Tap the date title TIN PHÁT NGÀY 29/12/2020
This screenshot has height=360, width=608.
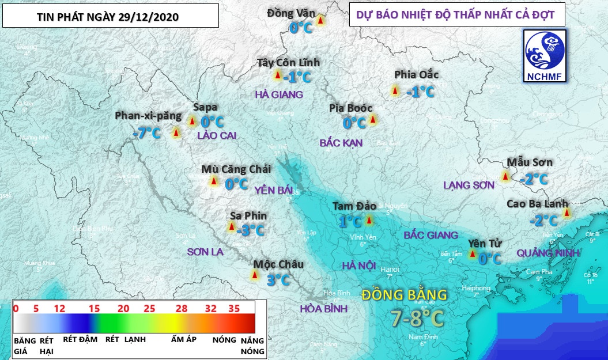click(x=111, y=16)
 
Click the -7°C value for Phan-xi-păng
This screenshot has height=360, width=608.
click(x=146, y=133)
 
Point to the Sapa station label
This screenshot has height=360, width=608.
click(x=205, y=107)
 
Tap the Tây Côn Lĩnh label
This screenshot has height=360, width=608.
click(x=296, y=63)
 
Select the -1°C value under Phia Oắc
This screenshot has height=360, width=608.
click(x=420, y=92)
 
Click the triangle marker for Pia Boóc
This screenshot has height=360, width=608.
click(x=372, y=120)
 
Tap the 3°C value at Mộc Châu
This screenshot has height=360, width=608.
click(x=278, y=280)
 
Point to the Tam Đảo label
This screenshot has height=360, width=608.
click(x=354, y=206)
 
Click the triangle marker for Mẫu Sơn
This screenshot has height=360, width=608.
click(x=505, y=176)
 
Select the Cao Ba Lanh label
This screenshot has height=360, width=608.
click(x=537, y=204)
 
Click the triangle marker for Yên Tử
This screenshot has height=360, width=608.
click(x=473, y=254)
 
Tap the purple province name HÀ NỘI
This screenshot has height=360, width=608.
click(x=358, y=266)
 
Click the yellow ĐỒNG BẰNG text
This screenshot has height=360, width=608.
click(x=404, y=295)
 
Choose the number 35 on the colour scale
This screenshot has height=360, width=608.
click(x=233, y=309)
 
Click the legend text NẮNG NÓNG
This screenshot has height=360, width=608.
click(x=252, y=345)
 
